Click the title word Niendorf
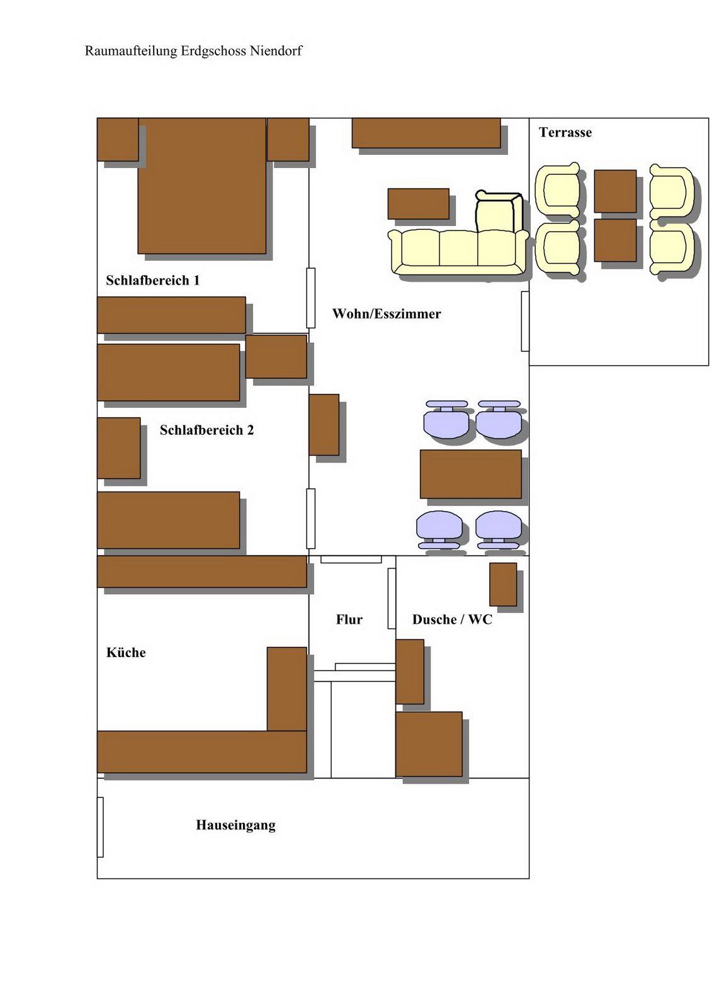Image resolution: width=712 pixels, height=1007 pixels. [x=276, y=51]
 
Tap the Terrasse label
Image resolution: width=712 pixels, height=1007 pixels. [x=565, y=132]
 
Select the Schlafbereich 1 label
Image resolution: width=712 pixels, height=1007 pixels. [x=152, y=280]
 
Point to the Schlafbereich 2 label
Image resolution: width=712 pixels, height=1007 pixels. [x=206, y=430]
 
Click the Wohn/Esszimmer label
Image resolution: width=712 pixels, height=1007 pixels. [x=387, y=313]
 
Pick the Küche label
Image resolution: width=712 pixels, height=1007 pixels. [x=126, y=652]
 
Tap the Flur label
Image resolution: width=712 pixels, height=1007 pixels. [x=349, y=619]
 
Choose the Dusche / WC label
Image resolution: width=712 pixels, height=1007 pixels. [x=452, y=619]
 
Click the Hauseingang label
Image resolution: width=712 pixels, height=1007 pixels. [x=235, y=825]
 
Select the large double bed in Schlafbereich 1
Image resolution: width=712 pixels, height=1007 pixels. [x=202, y=186]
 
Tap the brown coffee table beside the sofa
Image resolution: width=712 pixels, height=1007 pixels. [x=418, y=204]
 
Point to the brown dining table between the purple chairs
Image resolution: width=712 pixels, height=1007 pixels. [x=470, y=474]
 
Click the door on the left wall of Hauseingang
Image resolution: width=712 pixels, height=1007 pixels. [x=100, y=827]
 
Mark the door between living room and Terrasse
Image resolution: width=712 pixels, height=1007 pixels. [x=525, y=321]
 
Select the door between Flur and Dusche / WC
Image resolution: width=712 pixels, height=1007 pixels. [x=392, y=599]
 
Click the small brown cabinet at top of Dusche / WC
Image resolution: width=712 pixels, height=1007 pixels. [x=503, y=584]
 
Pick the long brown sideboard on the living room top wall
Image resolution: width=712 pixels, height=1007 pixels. [x=426, y=133]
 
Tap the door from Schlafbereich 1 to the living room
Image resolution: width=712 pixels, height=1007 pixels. [x=311, y=298]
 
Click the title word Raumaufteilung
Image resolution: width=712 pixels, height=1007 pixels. [x=131, y=51]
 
